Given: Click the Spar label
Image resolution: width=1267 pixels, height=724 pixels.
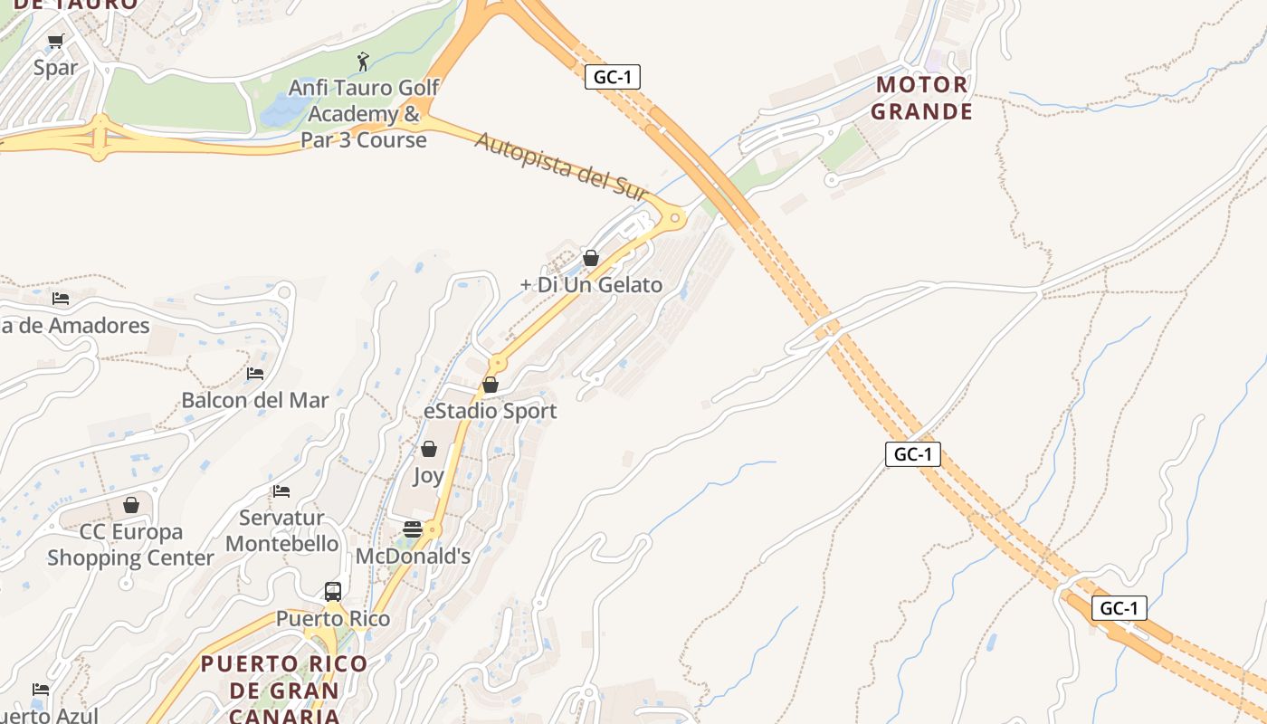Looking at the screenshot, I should (x=55, y=68).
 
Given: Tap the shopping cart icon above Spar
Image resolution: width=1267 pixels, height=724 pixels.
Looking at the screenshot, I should (x=55, y=41).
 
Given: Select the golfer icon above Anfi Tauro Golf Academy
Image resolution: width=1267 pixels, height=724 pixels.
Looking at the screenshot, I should (x=364, y=62).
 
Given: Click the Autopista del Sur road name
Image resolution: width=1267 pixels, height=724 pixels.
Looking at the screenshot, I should (x=561, y=167).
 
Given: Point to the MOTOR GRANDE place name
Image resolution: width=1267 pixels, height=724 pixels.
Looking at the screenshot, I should (x=923, y=99).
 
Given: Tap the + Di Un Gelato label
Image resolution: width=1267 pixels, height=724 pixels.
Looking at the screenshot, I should (x=591, y=285).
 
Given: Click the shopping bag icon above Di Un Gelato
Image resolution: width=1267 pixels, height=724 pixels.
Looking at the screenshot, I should (x=591, y=258).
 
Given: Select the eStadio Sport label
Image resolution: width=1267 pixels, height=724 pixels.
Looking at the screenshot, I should (x=491, y=412).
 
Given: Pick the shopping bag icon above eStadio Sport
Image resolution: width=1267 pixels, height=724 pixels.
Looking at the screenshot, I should (x=491, y=385).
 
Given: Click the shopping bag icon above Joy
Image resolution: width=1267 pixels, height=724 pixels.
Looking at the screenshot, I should (x=429, y=449).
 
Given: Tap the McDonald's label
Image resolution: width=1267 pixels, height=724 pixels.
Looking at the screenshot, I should (x=413, y=557).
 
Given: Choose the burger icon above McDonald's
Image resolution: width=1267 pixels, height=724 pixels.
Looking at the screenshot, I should (x=413, y=529).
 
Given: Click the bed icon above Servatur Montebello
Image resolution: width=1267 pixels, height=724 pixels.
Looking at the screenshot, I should (x=281, y=491).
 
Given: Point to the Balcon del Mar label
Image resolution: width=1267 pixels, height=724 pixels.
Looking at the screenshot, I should (x=255, y=400).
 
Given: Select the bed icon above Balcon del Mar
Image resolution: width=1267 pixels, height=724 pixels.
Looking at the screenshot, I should (x=255, y=373).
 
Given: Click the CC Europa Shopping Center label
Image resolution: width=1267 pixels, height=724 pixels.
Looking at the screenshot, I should (x=130, y=545).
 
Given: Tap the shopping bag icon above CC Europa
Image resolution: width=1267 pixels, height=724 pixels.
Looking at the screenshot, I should (x=131, y=505).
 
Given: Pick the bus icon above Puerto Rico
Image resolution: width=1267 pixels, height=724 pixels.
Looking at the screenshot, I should (x=333, y=592).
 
